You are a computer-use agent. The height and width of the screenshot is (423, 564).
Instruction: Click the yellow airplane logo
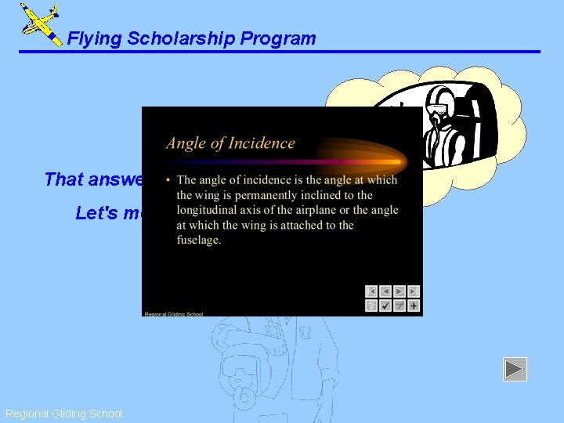pos(40,23)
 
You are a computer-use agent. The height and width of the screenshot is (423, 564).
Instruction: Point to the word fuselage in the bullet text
pos(199,240)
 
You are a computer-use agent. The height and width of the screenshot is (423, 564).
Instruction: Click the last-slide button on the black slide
pos(413,291)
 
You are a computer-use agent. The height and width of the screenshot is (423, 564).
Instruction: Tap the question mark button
pos(371,305)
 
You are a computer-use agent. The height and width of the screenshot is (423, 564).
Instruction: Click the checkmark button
pos(385,305)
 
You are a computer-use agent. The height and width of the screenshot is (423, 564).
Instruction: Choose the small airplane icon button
pos(413,305)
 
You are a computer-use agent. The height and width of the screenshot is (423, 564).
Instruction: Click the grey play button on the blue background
pos(515,369)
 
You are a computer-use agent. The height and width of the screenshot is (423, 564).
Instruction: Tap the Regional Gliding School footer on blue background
pos(63,414)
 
